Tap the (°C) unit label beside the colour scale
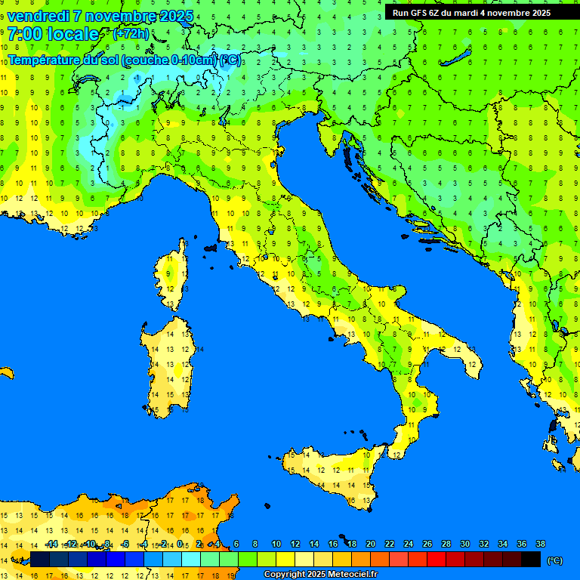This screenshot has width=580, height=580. (554, 560)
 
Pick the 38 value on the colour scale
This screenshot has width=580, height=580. (540, 544)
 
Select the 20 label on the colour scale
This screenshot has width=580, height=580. (371, 544)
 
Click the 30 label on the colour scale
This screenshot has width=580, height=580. (465, 544)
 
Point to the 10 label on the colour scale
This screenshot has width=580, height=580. (276, 544)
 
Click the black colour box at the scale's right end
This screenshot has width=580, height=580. (531, 559)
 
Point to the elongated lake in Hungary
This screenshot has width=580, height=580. (457, 57)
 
